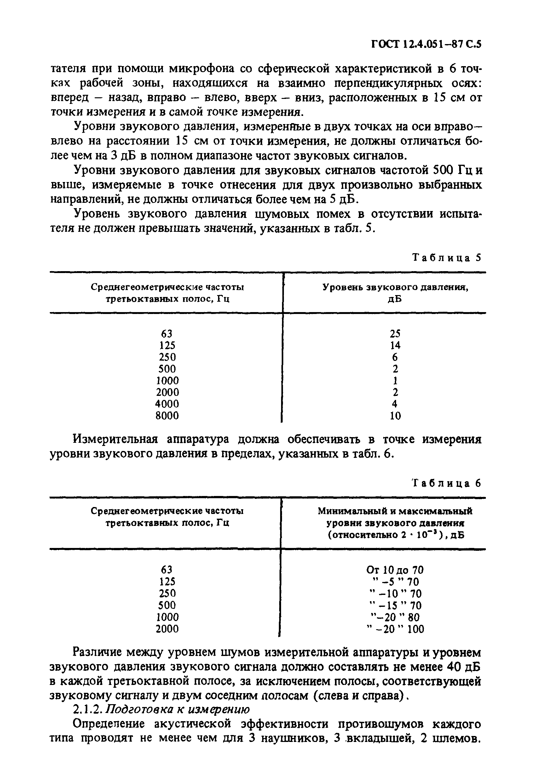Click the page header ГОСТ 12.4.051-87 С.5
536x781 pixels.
pyautogui.click(x=426, y=44)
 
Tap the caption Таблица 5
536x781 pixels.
pyautogui.click(x=447, y=258)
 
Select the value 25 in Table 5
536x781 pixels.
pyautogui.click(x=395, y=333)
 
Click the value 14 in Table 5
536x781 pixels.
pyautogui.click(x=395, y=345)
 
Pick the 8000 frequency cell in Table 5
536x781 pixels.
pyautogui.click(x=167, y=416)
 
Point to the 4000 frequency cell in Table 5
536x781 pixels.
pyautogui.click(x=167, y=404)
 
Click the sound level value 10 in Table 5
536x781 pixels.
pyautogui.click(x=395, y=416)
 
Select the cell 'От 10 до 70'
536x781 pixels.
pyautogui.click(x=395, y=570)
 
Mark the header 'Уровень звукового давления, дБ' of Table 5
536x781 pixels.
pyautogui.click(x=395, y=293)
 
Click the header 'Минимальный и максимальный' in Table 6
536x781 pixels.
pyautogui.click(x=395, y=511)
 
